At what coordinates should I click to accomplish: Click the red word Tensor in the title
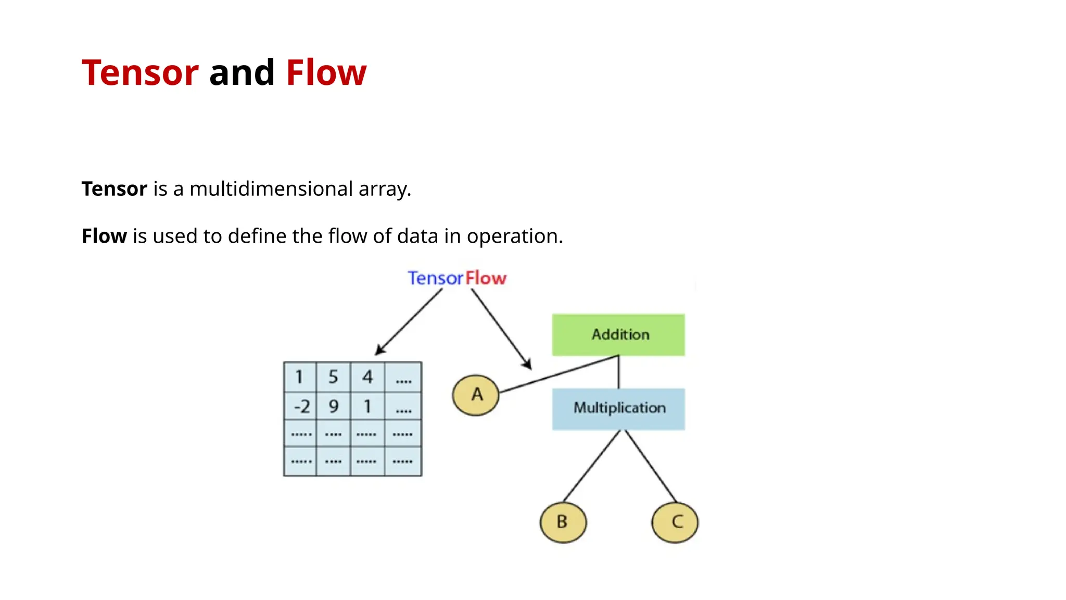140,72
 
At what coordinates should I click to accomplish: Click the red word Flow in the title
326,72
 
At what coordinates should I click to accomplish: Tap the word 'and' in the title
242,72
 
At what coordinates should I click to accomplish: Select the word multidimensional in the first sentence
271,189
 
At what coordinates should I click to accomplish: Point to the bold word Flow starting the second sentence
104,236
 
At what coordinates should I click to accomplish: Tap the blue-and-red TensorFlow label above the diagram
456,278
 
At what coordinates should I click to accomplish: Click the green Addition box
618,334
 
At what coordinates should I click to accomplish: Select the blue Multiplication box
618,408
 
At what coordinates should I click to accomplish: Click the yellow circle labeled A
476,395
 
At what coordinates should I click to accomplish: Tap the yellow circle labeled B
563,522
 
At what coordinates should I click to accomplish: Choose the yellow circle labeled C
675,522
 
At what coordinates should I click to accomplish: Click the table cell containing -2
301,406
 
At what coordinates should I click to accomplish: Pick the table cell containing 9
334,406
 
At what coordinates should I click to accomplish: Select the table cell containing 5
334,377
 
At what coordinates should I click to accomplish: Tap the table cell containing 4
367,377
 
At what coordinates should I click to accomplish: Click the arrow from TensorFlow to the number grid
409,322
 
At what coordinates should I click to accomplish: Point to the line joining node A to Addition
560,373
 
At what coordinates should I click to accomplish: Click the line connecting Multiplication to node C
650,466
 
